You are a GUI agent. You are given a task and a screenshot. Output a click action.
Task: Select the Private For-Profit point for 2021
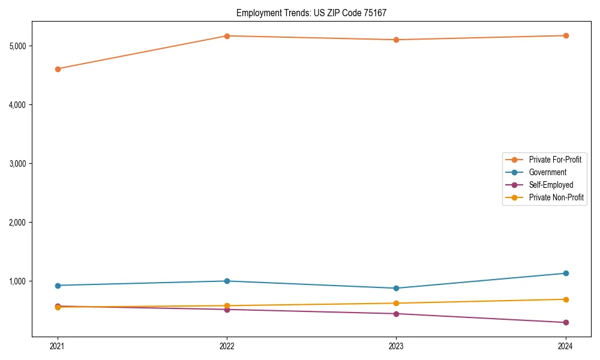click(x=58, y=69)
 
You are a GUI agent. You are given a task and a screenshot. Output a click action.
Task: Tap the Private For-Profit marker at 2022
click(x=227, y=36)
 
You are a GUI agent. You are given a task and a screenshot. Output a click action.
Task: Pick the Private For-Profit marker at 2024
click(x=566, y=35)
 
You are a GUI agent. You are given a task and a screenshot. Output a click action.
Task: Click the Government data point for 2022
click(x=227, y=281)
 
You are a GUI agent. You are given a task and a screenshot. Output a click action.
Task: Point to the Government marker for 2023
click(x=396, y=288)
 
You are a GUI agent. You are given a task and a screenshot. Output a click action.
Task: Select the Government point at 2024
click(x=566, y=273)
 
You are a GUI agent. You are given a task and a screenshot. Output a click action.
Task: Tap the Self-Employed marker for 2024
click(x=566, y=322)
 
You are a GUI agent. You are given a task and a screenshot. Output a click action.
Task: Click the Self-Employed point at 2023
click(x=396, y=314)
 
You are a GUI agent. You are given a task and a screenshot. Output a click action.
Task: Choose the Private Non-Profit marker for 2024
click(x=566, y=299)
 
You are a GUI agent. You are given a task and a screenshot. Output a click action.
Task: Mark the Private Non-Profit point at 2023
click(x=396, y=303)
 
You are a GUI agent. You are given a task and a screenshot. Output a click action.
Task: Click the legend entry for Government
click(x=547, y=172)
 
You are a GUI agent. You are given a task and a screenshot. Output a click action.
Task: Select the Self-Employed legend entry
click(x=551, y=185)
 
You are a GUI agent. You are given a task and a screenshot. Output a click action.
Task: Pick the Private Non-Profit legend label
click(x=556, y=197)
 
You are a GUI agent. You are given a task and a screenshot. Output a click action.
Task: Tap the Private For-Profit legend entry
click(x=555, y=160)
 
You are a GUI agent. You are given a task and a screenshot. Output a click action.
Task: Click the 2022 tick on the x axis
click(x=227, y=346)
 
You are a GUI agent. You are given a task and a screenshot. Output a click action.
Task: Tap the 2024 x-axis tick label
click(x=566, y=346)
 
